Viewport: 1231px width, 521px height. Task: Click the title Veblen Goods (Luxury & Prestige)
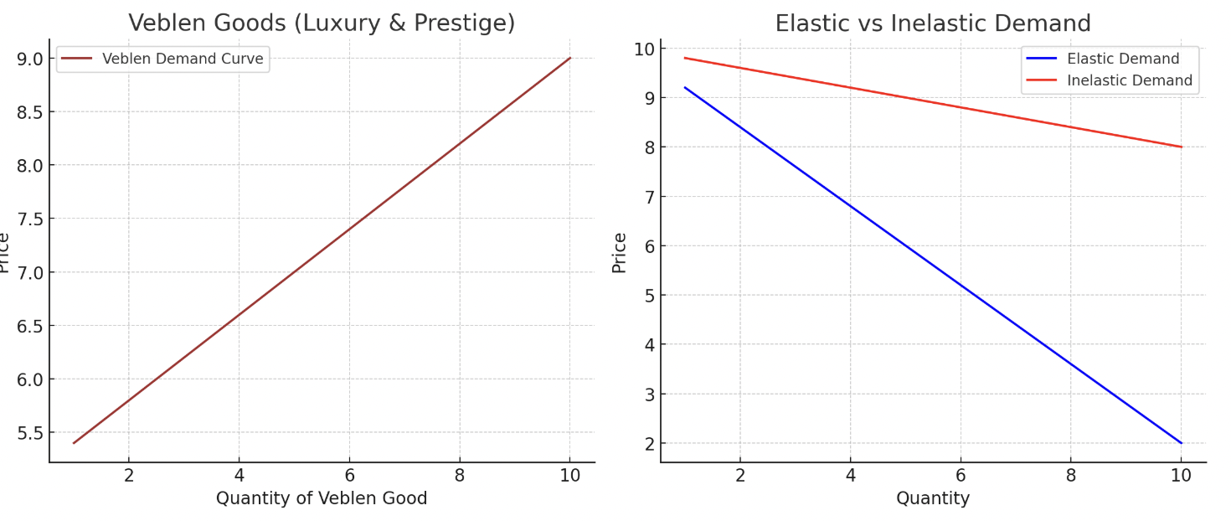click(x=322, y=23)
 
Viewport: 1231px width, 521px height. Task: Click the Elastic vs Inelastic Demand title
click(x=933, y=23)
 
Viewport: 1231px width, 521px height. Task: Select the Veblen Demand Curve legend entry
click(x=182, y=59)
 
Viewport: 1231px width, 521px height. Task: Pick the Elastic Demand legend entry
click(x=1122, y=59)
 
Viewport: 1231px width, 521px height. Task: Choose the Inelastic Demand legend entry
click(x=1129, y=80)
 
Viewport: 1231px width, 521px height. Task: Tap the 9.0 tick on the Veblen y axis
click(x=30, y=59)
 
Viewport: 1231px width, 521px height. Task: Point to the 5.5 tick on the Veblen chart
click(x=30, y=433)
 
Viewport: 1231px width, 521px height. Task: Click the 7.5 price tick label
click(x=30, y=219)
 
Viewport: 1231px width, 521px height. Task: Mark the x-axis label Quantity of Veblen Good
click(x=322, y=498)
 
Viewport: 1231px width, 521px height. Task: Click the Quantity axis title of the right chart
click(x=933, y=498)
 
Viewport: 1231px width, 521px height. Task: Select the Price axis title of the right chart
click(x=620, y=252)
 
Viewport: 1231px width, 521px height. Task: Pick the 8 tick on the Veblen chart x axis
click(x=460, y=476)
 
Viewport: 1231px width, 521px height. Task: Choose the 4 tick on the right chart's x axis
click(x=850, y=476)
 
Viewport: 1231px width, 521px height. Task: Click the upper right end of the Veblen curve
click(x=570, y=58)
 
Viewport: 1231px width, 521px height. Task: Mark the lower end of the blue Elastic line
click(x=1181, y=442)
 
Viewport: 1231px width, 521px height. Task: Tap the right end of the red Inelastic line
click(x=1181, y=147)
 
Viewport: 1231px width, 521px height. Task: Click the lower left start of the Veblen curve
click(x=74, y=442)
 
